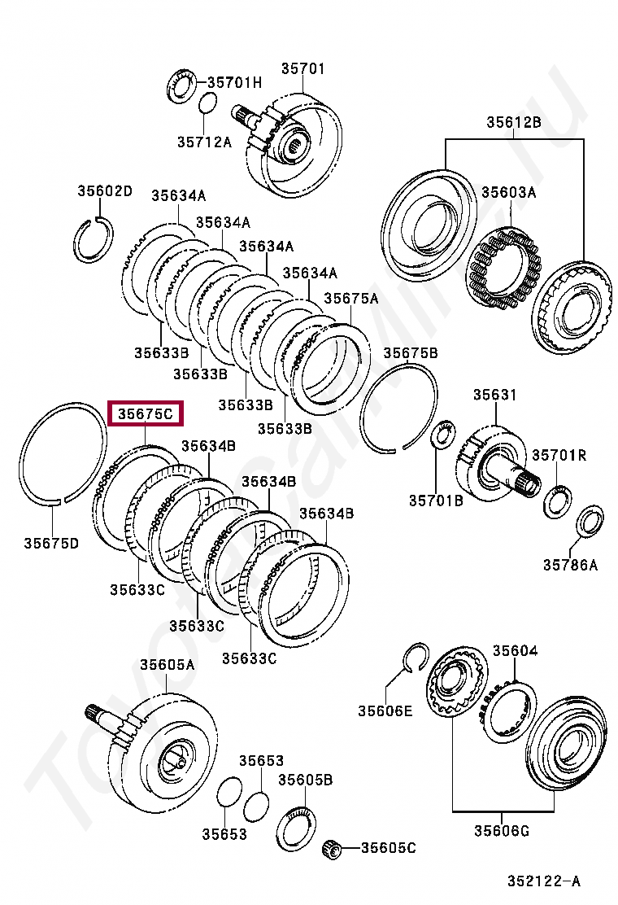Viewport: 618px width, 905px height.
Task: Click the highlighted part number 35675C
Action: (x=146, y=414)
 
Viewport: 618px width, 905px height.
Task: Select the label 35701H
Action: (x=234, y=82)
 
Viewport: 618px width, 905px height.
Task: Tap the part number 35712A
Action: (x=205, y=142)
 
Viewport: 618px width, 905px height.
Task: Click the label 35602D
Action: (x=105, y=191)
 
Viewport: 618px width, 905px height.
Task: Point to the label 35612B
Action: (x=514, y=123)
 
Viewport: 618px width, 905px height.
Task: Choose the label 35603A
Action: (x=508, y=193)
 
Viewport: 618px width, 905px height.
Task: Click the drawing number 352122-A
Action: (x=545, y=881)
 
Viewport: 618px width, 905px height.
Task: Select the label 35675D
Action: (x=51, y=543)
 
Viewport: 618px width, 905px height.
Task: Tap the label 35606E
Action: (x=385, y=710)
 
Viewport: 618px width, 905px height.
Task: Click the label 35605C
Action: (x=389, y=848)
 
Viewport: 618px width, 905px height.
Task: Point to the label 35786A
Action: (x=570, y=564)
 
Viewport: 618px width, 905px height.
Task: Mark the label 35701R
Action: (x=559, y=456)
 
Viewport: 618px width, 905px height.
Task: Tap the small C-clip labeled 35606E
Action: (x=416, y=657)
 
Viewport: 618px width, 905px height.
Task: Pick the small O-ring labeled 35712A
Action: (x=207, y=104)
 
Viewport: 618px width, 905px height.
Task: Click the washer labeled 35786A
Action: (x=590, y=522)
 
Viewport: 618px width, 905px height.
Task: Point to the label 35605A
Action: (x=167, y=665)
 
